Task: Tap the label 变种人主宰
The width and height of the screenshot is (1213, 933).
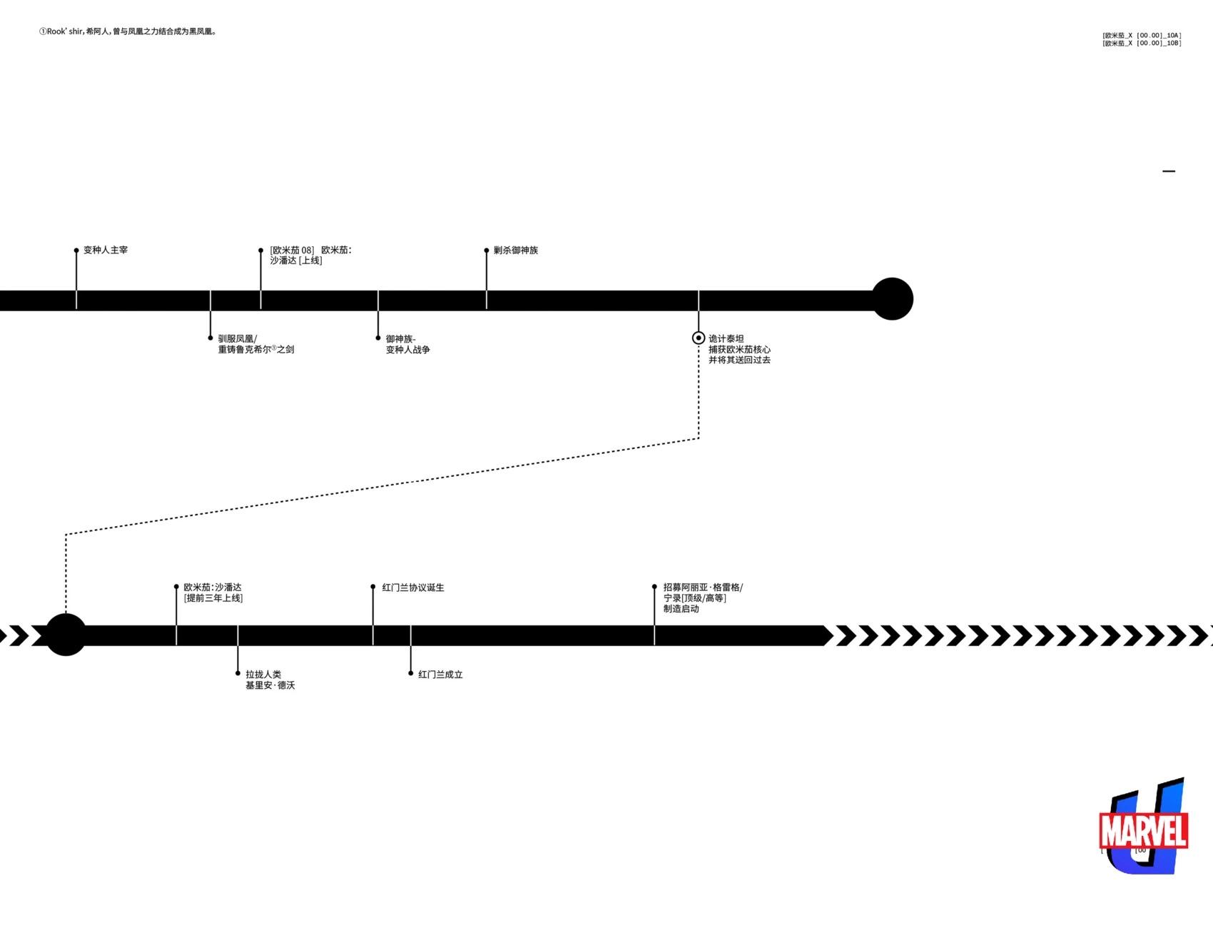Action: [106, 251]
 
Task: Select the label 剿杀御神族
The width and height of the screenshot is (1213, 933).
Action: [516, 251]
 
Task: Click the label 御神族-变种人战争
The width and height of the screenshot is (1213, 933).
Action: [407, 344]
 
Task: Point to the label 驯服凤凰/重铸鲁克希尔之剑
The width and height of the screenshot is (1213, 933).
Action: [255, 344]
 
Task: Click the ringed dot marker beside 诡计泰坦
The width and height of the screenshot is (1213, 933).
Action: [699, 338]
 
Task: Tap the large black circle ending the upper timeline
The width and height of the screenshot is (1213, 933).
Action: [892, 299]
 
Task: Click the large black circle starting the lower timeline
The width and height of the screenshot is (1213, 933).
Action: [66, 635]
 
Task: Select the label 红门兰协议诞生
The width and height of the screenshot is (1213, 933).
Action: [413, 587]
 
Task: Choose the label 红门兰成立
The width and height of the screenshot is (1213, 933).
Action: [440, 675]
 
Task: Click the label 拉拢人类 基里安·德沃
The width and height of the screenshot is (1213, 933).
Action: [270, 680]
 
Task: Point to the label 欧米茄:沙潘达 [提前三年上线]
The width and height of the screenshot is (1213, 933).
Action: [213, 592]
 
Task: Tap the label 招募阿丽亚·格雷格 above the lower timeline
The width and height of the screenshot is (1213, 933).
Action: [703, 587]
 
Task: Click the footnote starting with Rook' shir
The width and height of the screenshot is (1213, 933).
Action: [128, 31]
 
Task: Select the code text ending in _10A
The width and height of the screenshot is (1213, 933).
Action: [1142, 35]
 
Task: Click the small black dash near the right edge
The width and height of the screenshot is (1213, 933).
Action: [1169, 171]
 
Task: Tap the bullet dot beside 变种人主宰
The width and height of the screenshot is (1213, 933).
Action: [76, 251]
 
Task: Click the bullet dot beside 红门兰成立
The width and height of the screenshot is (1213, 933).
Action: [411, 673]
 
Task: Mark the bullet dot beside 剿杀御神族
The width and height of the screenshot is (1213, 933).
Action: [487, 251]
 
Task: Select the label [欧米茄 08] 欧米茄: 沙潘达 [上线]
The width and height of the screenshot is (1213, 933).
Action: [310, 256]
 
